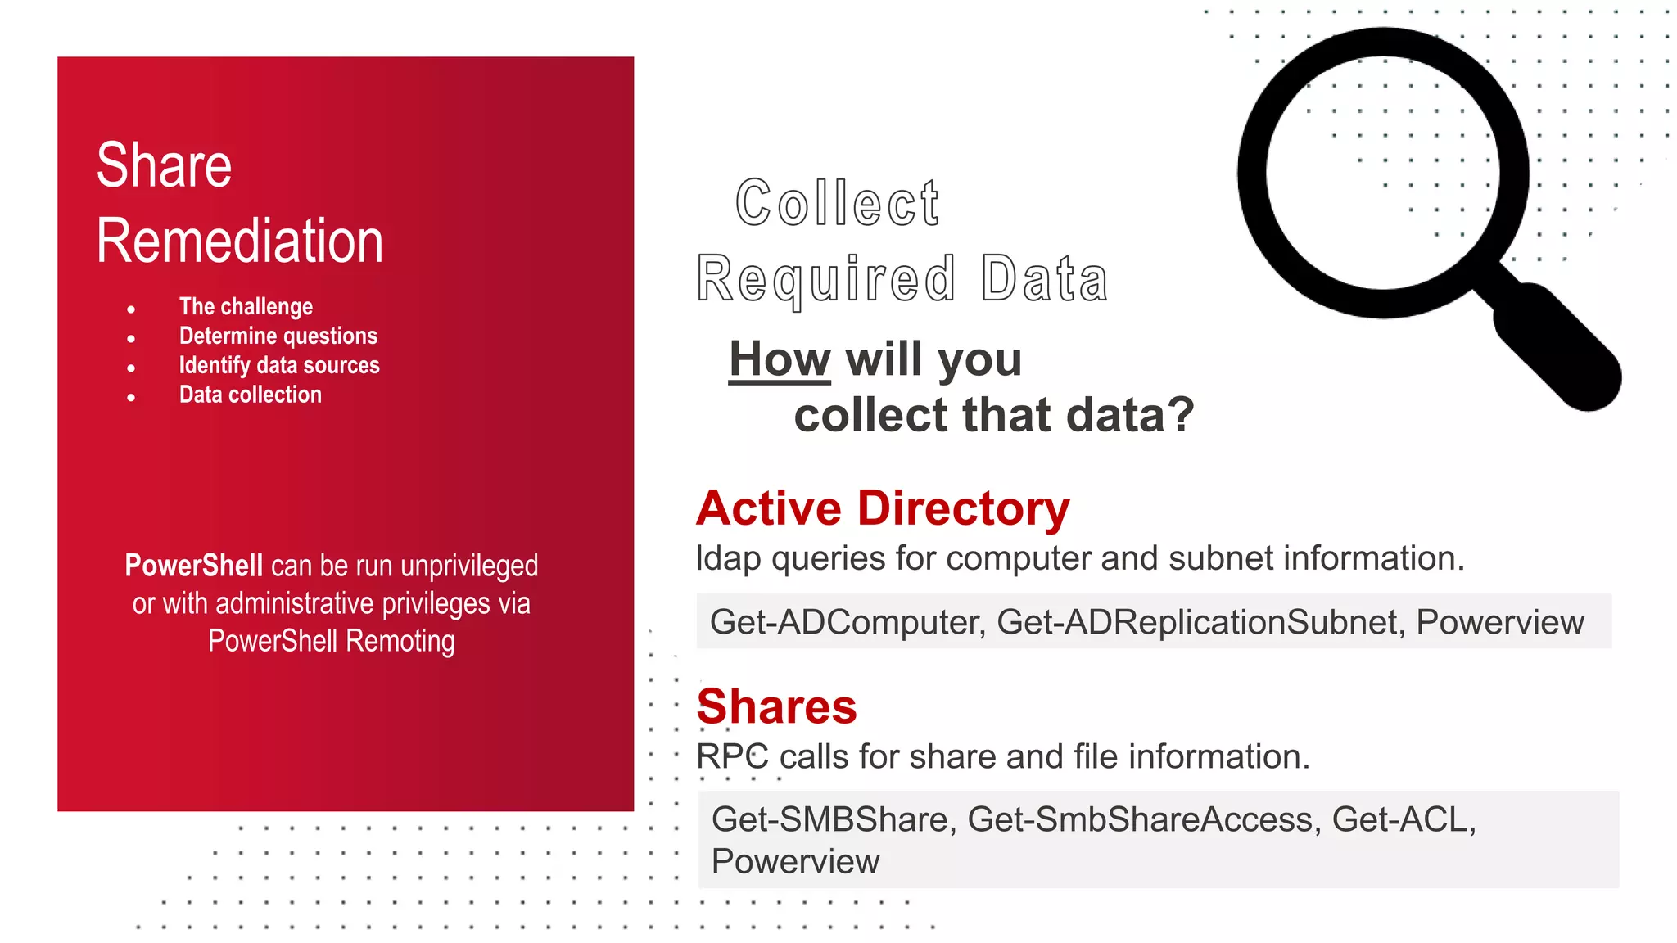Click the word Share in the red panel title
point(164,165)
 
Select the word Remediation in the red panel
point(239,241)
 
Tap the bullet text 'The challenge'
point(246,306)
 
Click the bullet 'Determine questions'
point(278,336)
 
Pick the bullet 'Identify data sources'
point(279,365)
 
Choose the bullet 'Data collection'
point(251,395)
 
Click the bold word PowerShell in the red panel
point(193,566)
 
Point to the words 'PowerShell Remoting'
point(331,641)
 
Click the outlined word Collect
point(837,203)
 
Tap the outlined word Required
point(825,279)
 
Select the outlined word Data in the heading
point(1044,279)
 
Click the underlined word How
point(780,359)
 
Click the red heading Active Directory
point(883,508)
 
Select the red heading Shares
point(776,706)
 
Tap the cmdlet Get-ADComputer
point(846,622)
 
